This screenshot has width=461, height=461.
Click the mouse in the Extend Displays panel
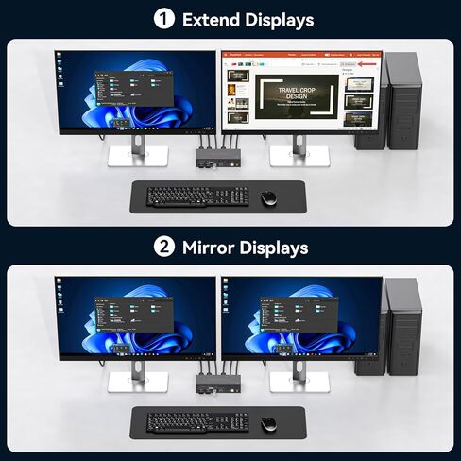[x=268, y=197]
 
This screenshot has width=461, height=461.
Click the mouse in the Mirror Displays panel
[x=268, y=424]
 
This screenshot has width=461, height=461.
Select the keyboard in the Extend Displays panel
[x=198, y=196]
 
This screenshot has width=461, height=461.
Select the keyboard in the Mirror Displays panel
[x=198, y=422]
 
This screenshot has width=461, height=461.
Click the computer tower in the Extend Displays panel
[x=401, y=99]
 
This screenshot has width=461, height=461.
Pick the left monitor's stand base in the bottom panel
[x=138, y=383]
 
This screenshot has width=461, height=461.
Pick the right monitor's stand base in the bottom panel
[x=299, y=383]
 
